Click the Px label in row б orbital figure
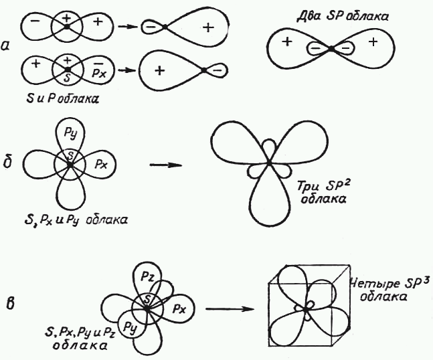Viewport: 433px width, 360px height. point(98,163)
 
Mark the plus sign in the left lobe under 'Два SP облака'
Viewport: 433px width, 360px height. point(286,42)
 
